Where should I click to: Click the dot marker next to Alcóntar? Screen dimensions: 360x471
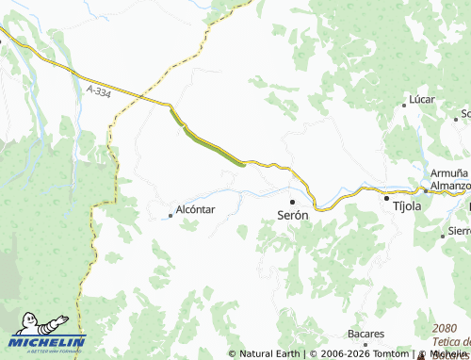170,216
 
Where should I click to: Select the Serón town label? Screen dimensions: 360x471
292,215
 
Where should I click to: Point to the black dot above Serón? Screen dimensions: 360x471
292,201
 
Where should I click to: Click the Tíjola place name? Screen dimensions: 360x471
406,205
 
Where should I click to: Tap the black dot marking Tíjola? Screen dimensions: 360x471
385,198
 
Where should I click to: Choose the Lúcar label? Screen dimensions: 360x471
419,99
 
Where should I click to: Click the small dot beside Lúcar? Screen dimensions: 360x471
404,106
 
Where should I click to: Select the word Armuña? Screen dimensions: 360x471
448,173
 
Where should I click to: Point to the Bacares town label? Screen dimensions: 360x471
365,334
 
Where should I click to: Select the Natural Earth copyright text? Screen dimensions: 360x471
269,354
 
